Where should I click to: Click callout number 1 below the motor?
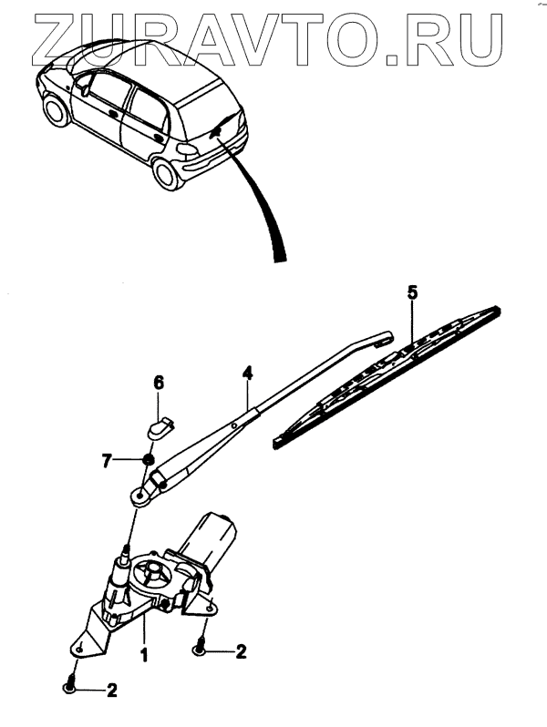coord(142,652)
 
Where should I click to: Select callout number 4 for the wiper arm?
coord(246,373)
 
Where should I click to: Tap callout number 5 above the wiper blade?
coord(411,293)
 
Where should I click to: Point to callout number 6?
coord(158,384)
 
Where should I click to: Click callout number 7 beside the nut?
coord(108,462)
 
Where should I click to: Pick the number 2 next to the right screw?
coord(241,650)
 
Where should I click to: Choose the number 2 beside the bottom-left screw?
coord(112,690)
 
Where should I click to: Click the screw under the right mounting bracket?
coord(201,648)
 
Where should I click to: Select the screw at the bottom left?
coord(71,685)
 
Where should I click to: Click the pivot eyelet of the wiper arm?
coord(139,495)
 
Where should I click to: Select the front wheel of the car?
coord(56,111)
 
